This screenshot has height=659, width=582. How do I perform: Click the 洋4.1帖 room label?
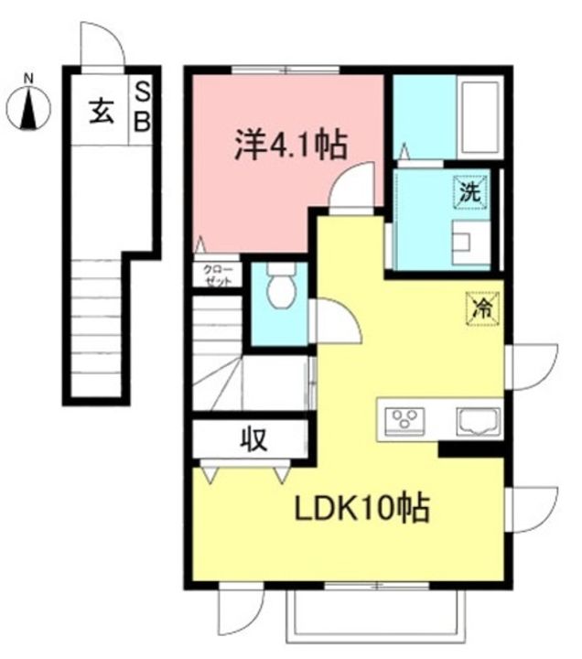pos(289,146)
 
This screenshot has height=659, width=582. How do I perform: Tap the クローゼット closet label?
pos(217,275)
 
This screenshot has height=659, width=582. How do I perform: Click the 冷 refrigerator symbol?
pos(480,307)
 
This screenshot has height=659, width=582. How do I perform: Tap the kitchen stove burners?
pos(404,420)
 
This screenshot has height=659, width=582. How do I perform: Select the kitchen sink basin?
pos(476,421)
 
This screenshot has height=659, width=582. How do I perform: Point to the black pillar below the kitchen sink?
pos(470,448)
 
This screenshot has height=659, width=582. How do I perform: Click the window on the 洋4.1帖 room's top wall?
pos(285,70)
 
